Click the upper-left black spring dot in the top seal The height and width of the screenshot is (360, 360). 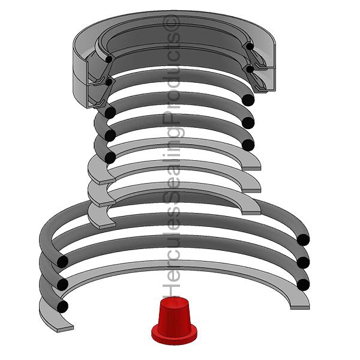pos(109,59)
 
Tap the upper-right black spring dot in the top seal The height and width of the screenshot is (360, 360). pos(250,46)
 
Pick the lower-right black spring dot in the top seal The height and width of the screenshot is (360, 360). pos(250,69)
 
